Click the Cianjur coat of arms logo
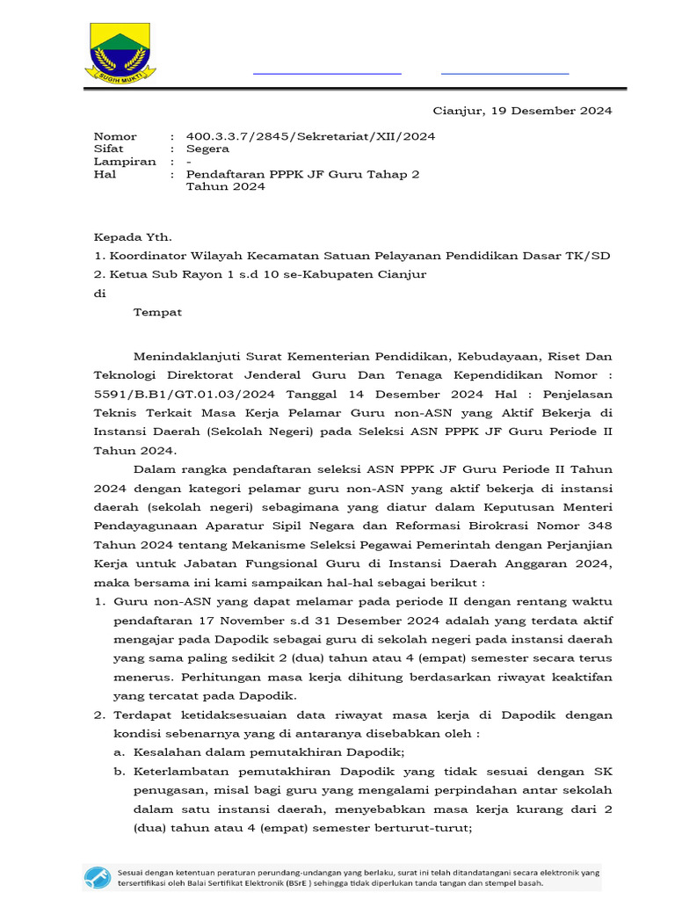coord(120,53)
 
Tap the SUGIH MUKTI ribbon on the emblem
coord(120,77)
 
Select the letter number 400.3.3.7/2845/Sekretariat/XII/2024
coord(310,136)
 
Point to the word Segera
coord(207,149)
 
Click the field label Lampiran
coord(125,162)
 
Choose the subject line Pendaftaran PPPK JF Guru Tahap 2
coord(302,174)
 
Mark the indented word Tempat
coord(157,312)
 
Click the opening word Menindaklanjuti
coord(185,356)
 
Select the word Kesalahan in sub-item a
coord(169,752)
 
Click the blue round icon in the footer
coord(97,876)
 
